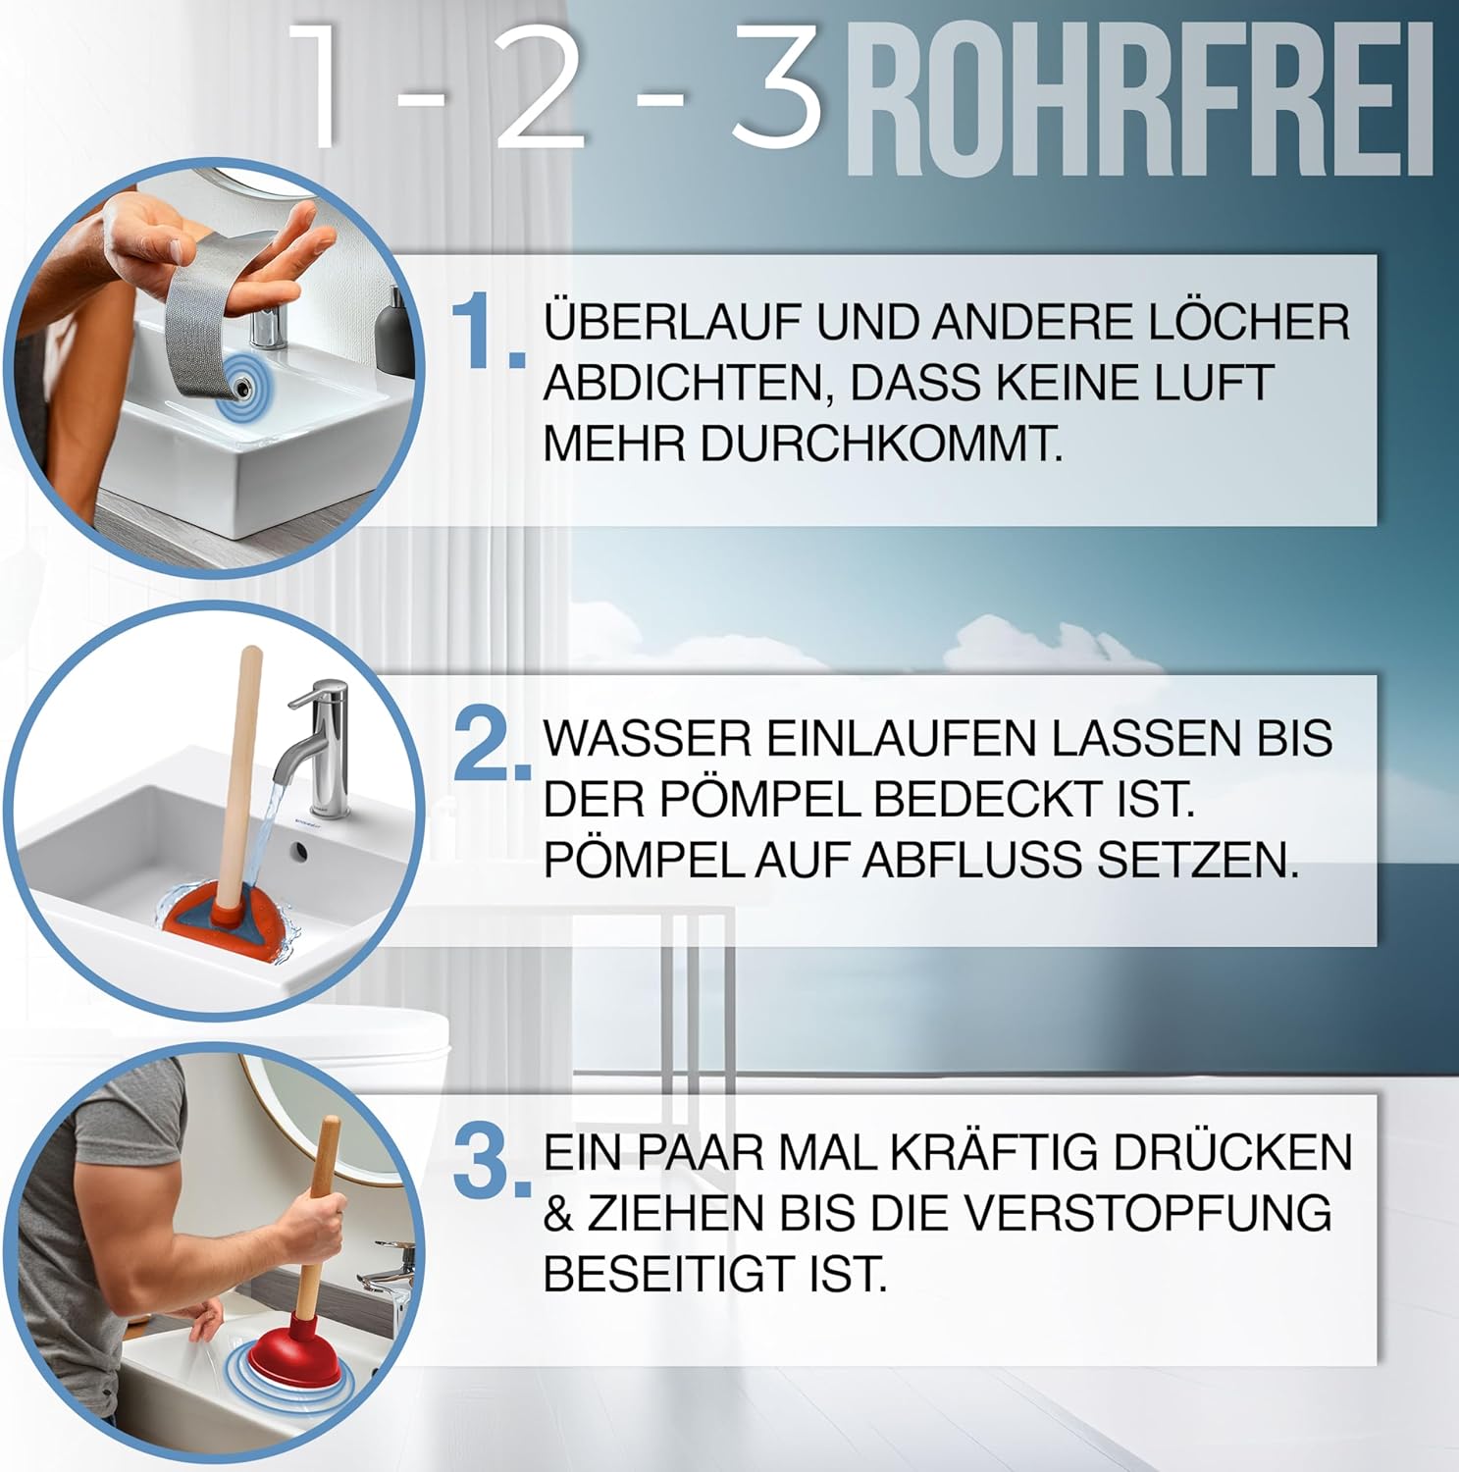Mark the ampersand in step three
[x=558, y=1214]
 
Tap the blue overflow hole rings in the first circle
[x=239, y=378]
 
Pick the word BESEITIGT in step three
[x=678, y=1275]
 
